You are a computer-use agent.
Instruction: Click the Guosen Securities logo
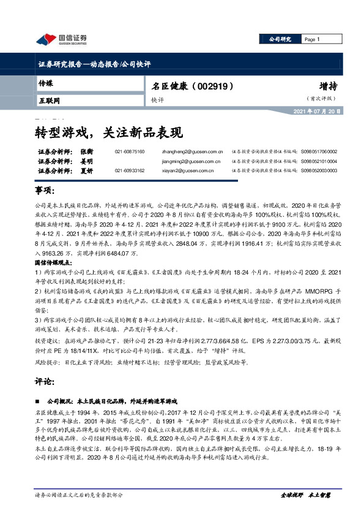61,40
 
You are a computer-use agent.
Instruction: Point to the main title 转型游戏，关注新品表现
108,131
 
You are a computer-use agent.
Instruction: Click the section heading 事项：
46,191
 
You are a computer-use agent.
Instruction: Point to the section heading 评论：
46,381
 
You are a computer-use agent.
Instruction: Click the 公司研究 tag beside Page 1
280,39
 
